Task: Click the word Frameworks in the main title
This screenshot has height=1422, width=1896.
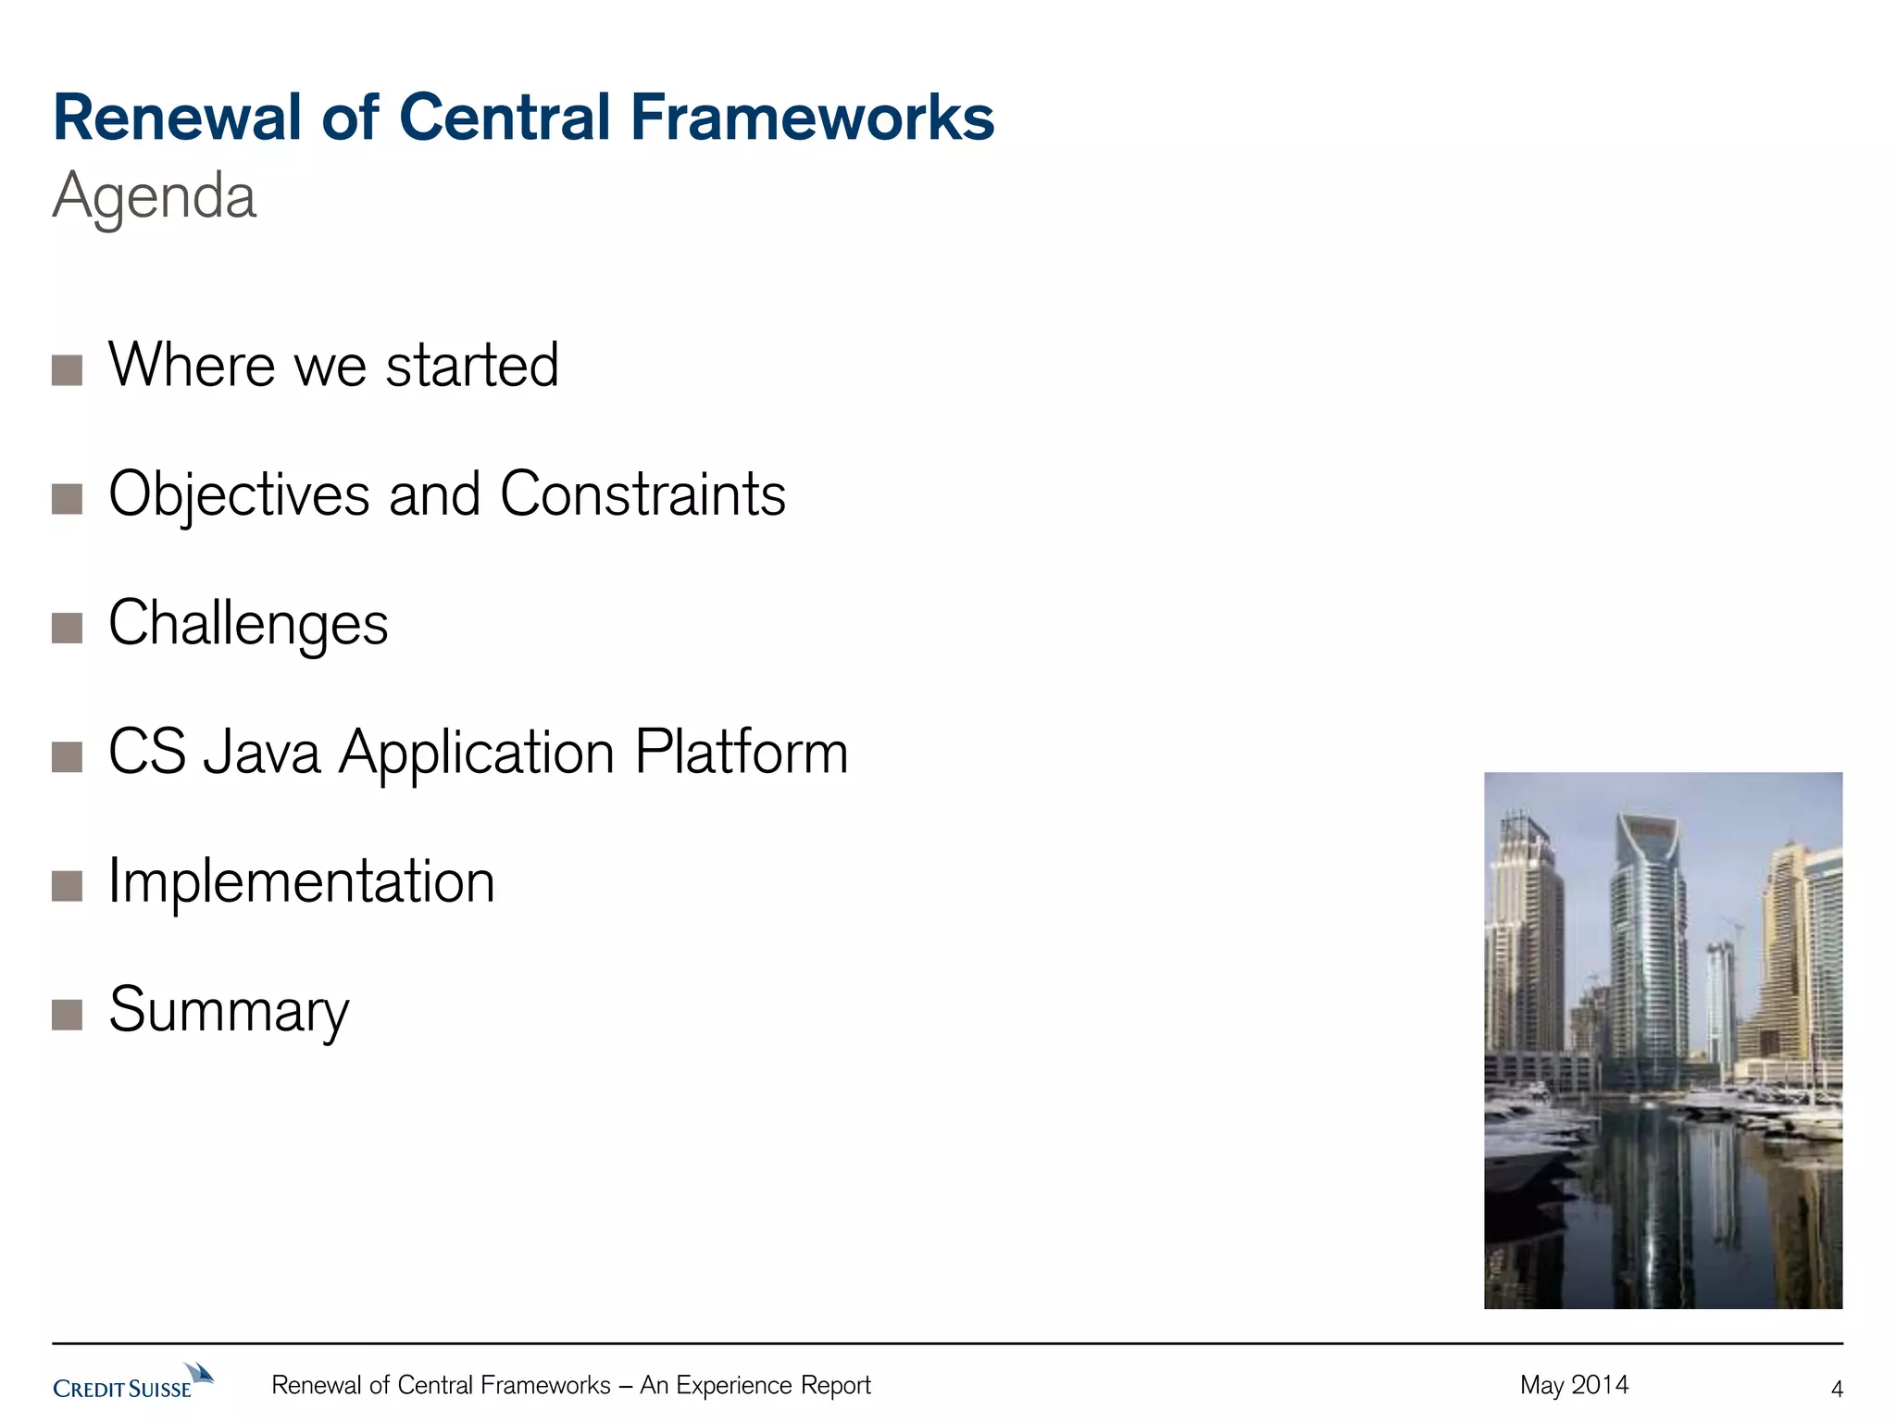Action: point(812,118)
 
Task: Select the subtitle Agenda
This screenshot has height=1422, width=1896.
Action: point(155,196)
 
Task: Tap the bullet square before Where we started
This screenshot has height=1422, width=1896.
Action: point(68,370)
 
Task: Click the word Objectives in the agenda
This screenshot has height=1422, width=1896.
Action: point(239,494)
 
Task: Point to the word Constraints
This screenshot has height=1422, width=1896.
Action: point(642,494)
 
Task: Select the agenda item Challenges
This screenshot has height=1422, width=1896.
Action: point(248,623)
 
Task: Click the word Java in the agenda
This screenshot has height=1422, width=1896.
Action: point(262,752)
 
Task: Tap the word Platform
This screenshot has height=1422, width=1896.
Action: point(741,752)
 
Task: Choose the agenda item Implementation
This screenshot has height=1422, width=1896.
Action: point(302,881)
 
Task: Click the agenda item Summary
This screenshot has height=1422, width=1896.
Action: point(229,1011)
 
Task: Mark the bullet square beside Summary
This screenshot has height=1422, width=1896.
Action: point(68,1016)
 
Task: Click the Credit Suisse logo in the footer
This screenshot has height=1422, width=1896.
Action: point(132,1381)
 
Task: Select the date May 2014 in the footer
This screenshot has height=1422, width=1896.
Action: point(1574,1385)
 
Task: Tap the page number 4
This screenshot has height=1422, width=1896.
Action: point(1837,1389)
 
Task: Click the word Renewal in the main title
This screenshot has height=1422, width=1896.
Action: point(177,118)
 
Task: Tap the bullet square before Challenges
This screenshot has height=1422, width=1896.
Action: point(68,628)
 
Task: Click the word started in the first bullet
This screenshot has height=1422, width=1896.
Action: point(472,366)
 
